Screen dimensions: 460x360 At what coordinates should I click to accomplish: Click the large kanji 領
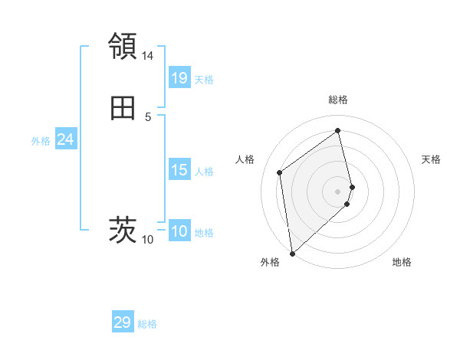[123, 46]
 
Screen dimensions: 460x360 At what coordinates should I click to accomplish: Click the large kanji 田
[123, 109]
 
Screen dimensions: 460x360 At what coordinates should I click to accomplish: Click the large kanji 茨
[123, 229]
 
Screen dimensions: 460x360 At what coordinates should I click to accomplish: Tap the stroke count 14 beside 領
[148, 56]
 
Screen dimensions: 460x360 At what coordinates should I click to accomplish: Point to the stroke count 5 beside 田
[148, 116]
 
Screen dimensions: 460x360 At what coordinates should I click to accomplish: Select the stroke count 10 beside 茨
[148, 240]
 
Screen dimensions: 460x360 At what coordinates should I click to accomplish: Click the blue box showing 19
[179, 78]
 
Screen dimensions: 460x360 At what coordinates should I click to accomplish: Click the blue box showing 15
[179, 170]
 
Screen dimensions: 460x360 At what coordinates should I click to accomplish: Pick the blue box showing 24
[65, 139]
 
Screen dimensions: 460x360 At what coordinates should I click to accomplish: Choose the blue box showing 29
[123, 322]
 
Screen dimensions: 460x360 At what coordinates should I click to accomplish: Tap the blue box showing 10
[179, 231]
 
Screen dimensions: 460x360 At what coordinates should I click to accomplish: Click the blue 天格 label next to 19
[204, 80]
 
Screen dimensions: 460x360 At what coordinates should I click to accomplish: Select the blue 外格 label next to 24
[41, 141]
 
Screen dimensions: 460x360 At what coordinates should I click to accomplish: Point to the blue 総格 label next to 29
[147, 324]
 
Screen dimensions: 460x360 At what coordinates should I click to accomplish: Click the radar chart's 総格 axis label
[338, 100]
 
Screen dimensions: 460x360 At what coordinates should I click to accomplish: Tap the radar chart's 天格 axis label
[432, 159]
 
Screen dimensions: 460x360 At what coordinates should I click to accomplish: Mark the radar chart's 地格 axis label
[402, 262]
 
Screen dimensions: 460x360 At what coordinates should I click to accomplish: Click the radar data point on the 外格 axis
[291, 253]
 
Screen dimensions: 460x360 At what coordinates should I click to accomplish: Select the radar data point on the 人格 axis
[280, 172]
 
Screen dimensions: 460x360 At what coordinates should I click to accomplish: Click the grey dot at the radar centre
[338, 191]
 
